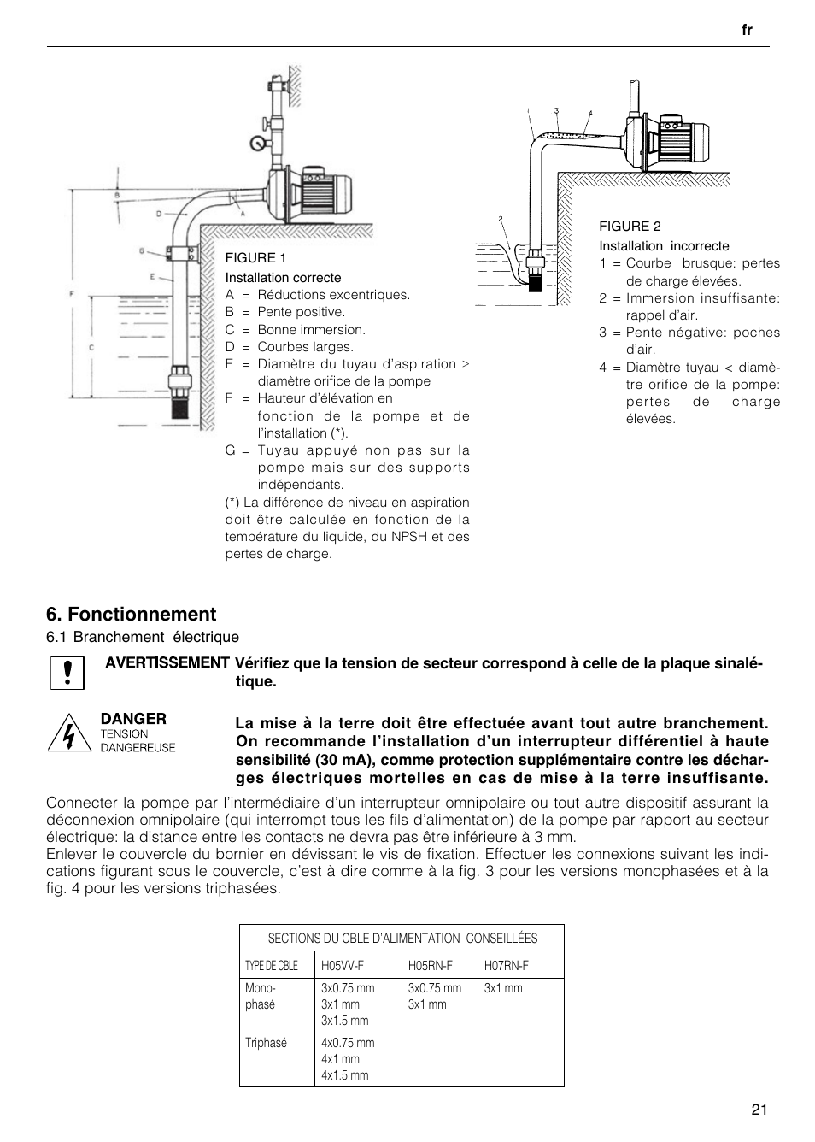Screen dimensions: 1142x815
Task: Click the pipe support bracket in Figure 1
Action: click(182, 253)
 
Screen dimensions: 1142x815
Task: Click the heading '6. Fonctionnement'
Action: click(132, 614)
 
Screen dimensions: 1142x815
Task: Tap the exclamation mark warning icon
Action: click(67, 673)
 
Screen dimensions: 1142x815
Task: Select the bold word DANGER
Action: click(133, 719)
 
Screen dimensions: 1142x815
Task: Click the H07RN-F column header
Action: click(507, 965)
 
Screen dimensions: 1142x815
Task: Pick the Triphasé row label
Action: click(266, 1043)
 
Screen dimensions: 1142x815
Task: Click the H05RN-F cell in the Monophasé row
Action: click(435, 996)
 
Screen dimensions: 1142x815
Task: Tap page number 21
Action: click(759, 1110)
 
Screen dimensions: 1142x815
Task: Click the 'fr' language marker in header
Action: click(747, 30)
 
